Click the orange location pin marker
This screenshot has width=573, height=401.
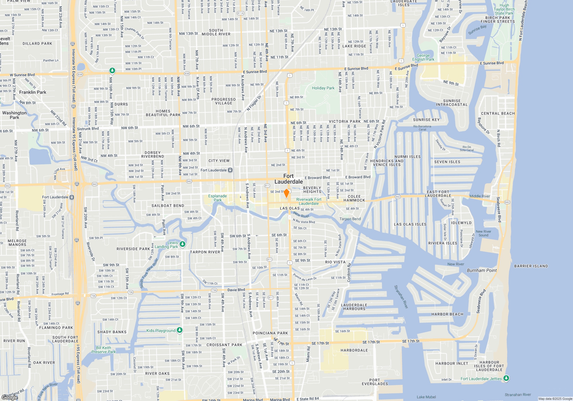pos(286,193)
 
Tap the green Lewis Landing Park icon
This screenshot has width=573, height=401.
pos(183,244)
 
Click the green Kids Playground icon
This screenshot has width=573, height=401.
pos(180,330)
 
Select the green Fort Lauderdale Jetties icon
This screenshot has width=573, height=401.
pos(506,378)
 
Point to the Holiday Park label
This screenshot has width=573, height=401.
pos(323,88)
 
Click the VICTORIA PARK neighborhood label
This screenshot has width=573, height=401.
pos(345,121)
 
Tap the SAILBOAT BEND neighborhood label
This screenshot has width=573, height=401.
pos(168,206)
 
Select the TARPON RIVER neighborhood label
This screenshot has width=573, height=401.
pos(205,252)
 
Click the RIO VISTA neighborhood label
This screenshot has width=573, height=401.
pos(335,262)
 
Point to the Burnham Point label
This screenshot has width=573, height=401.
pos(482,270)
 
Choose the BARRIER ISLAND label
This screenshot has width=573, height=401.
pos(531,266)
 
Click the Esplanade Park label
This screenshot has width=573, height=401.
pos(217,198)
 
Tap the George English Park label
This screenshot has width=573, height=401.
pos(423,57)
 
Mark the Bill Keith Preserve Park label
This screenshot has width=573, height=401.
pos(103,350)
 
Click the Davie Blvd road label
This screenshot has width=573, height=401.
pos(236,290)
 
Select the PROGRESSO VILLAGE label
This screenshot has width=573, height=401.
pos(223,101)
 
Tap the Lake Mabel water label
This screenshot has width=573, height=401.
pos(426,397)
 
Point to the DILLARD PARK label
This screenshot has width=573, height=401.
pos(37,44)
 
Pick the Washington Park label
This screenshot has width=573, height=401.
pos(14,115)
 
